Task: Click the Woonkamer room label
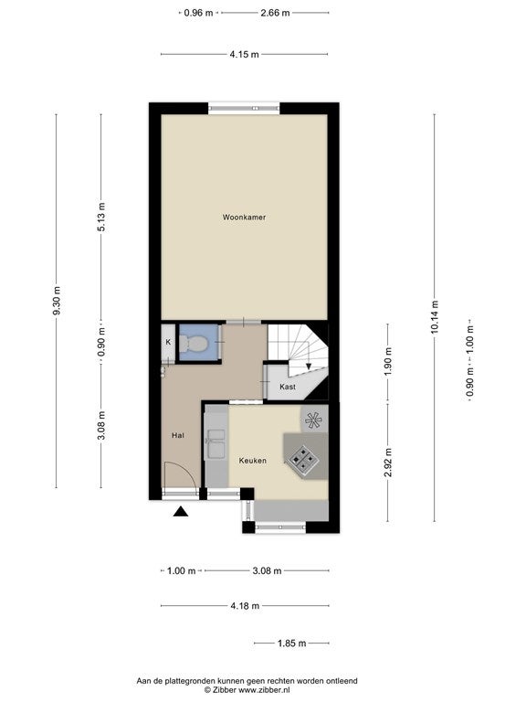[x=244, y=218]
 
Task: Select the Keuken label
[x=252, y=461]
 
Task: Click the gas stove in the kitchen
[x=304, y=459]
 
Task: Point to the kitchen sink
[x=216, y=444]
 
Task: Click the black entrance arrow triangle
[x=181, y=511]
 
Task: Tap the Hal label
[x=177, y=435]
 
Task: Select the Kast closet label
[x=287, y=387]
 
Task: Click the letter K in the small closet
[x=168, y=342]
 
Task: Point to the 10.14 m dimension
[x=435, y=317]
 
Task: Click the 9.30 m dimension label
[x=57, y=301]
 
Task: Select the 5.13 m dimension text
[x=101, y=218]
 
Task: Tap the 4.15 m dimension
[x=244, y=55]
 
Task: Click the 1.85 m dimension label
[x=291, y=643]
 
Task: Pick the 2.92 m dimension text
[x=388, y=463]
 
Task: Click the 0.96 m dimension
[x=198, y=13]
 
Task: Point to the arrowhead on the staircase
[x=309, y=367]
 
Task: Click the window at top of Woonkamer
[x=244, y=108]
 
